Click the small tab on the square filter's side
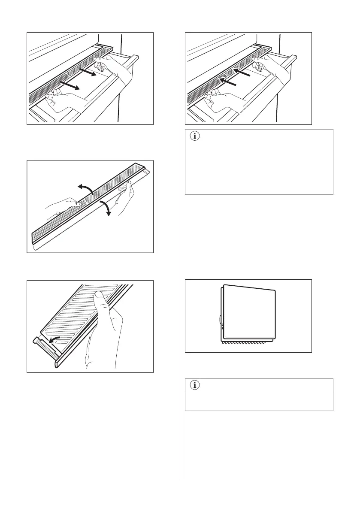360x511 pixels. click(220, 319)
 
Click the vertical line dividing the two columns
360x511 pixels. click(180, 257)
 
